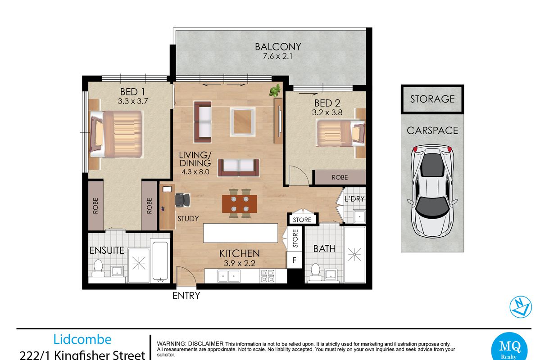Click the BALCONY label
[278, 46]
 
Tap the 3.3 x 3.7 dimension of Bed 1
[132, 101]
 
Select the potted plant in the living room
[276, 90]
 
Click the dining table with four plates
[240, 203]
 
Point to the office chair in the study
[182, 200]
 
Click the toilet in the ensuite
[98, 268]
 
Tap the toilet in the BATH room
[315, 272]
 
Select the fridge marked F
[295, 260]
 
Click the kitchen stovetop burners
[268, 276]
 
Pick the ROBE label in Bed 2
[340, 177]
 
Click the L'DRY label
[354, 198]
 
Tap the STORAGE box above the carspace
[432, 99]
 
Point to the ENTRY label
[186, 296]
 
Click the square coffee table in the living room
[243, 121]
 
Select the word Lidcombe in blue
[82, 339]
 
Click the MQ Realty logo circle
[509, 347]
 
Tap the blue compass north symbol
[521, 307]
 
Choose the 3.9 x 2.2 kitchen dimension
[240, 263]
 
